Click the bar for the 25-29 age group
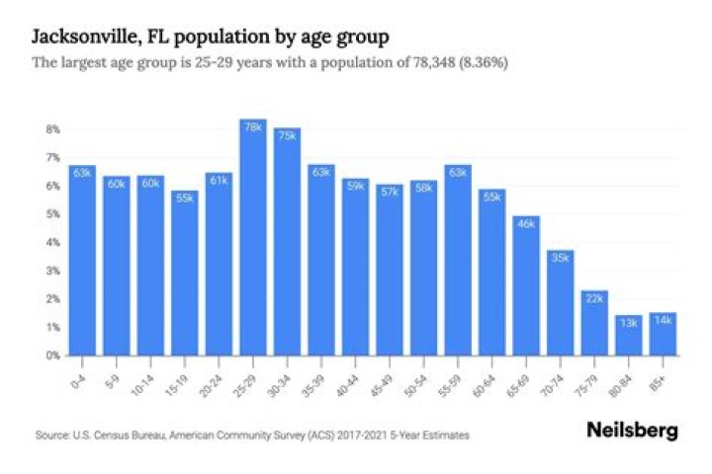point(252,237)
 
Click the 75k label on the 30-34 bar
point(287,136)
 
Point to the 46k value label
point(526,223)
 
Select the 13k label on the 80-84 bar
point(629,323)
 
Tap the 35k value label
point(560,258)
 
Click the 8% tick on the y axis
point(52,129)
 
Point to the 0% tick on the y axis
point(52,355)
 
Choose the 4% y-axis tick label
point(52,242)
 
